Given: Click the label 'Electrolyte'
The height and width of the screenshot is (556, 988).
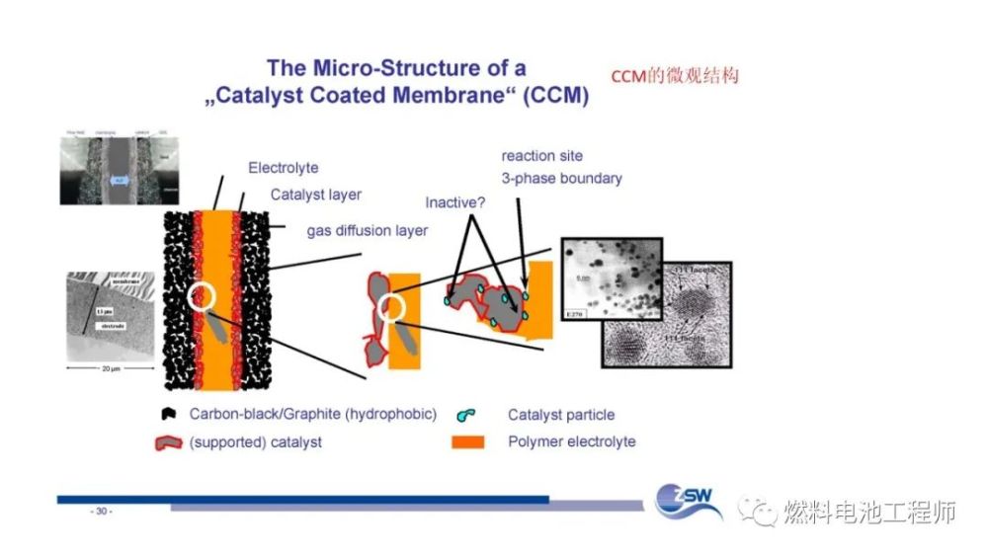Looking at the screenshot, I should (284, 168).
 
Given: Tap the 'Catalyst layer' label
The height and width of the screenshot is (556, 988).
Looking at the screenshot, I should (316, 195).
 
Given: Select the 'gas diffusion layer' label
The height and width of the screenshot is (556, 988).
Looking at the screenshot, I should (368, 231).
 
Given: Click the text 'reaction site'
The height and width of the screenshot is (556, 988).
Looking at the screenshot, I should (542, 156).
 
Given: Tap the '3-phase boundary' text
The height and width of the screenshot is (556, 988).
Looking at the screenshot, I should (561, 179).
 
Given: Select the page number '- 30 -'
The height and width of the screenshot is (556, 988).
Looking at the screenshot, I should (102, 512).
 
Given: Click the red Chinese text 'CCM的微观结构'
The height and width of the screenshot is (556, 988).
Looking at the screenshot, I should (675, 76).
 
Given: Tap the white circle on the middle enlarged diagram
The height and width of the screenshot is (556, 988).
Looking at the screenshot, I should (391, 308).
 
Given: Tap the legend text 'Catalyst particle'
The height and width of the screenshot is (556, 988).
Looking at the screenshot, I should (560, 416).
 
